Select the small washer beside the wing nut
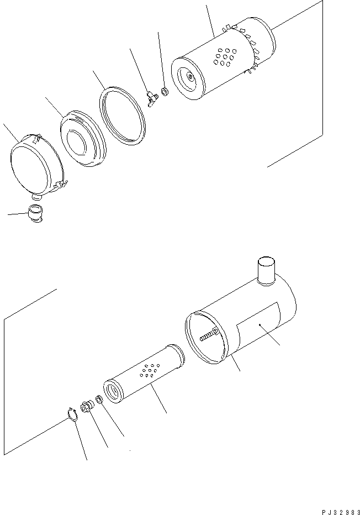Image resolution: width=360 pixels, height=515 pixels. click(164, 91)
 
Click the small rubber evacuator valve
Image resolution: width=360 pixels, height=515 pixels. click(35, 213)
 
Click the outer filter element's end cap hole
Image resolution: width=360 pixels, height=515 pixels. click(190, 78)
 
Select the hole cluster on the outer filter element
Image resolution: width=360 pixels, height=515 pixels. click(225, 57)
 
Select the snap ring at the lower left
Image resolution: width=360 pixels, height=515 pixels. click(71, 414)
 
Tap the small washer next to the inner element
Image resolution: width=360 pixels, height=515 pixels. click(99, 399)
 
